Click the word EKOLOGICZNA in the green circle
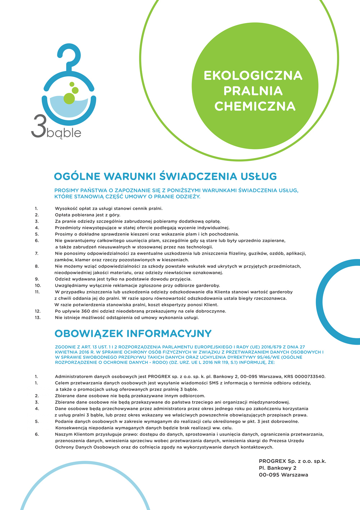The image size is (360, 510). point(253,75)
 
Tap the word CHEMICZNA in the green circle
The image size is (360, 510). point(255,106)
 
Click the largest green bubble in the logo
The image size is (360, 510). point(69,98)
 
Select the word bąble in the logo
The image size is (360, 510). point(64,133)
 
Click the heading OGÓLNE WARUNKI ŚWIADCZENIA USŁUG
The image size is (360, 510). point(165,176)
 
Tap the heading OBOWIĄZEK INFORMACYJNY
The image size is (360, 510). point(133,333)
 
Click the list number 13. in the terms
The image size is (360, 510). point(37,318)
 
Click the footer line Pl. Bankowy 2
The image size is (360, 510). point(278,468)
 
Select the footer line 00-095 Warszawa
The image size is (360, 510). point(283,475)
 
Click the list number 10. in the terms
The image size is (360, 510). point(37,286)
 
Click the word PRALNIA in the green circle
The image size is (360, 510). point(253,91)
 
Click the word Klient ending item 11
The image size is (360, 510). point(210,305)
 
